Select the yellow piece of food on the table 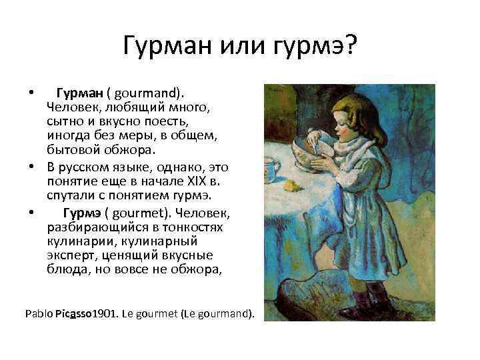(x=291, y=185)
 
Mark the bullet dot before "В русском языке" (x=33, y=165)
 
